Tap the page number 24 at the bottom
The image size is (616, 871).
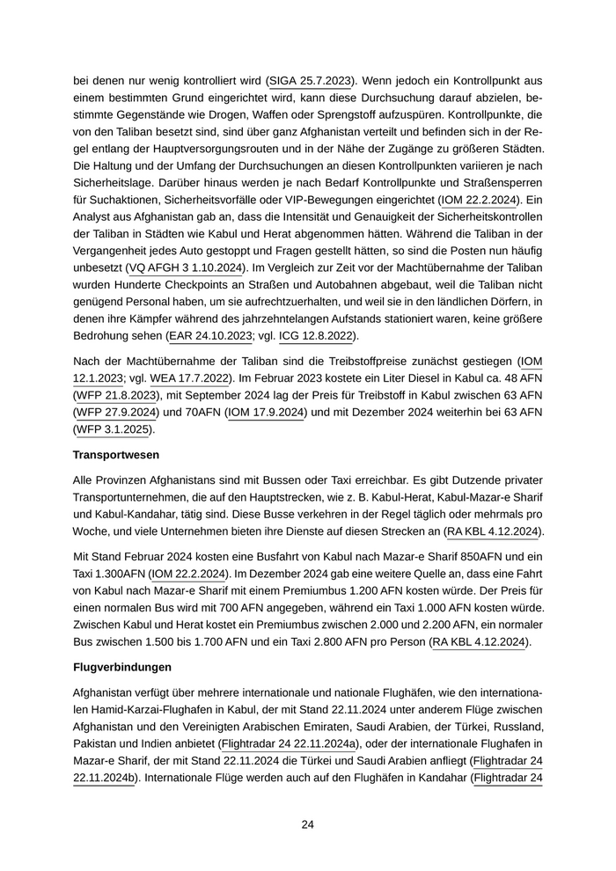click(308, 824)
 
